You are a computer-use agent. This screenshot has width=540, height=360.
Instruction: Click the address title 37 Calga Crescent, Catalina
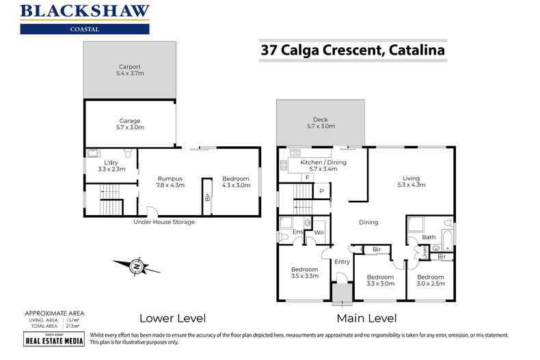(x=352, y=50)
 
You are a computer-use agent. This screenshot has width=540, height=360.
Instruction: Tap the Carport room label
(x=129, y=70)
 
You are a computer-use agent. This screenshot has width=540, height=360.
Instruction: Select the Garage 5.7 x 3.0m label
(x=130, y=124)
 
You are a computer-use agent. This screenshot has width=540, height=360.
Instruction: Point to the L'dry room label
(x=111, y=165)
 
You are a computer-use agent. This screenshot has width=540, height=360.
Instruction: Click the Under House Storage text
(x=164, y=222)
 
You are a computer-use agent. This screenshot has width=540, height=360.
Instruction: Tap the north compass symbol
(x=137, y=266)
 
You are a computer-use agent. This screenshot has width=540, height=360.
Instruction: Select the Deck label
(x=320, y=123)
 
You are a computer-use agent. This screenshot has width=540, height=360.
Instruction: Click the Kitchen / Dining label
(x=323, y=165)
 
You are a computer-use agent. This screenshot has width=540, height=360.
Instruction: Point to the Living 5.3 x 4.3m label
(x=411, y=180)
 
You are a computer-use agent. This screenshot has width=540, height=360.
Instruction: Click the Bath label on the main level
(x=429, y=238)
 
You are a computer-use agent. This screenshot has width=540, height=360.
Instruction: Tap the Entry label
(x=342, y=262)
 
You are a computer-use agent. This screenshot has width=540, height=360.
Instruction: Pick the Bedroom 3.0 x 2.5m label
(x=431, y=279)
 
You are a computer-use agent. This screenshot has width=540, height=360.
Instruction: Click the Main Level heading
(x=365, y=318)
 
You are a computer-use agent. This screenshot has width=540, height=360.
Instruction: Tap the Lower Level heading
(x=172, y=318)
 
